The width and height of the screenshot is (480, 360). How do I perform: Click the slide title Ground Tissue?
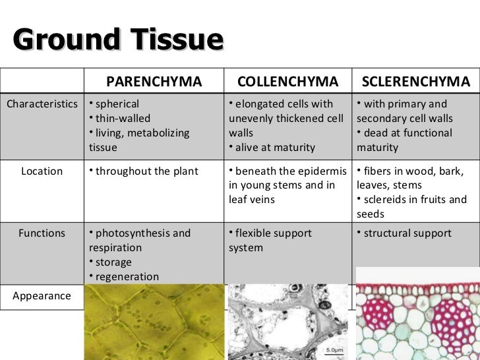118,40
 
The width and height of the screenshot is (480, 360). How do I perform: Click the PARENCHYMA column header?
154,82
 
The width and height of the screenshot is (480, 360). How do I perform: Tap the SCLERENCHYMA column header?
416,82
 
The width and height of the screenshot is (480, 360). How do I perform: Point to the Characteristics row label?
42,104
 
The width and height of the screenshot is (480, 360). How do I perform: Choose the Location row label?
42,171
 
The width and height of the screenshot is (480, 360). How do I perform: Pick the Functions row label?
42,233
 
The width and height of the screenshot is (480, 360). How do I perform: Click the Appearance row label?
41,295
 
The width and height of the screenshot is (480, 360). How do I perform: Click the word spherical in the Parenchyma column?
117,104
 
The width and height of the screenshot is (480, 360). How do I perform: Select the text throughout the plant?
146,171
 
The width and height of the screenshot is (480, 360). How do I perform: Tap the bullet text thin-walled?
123,119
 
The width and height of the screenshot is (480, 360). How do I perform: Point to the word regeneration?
127,277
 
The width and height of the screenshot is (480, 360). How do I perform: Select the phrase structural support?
407,233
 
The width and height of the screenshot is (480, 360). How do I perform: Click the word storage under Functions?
113,262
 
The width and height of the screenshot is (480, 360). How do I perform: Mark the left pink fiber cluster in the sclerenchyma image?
380,309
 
